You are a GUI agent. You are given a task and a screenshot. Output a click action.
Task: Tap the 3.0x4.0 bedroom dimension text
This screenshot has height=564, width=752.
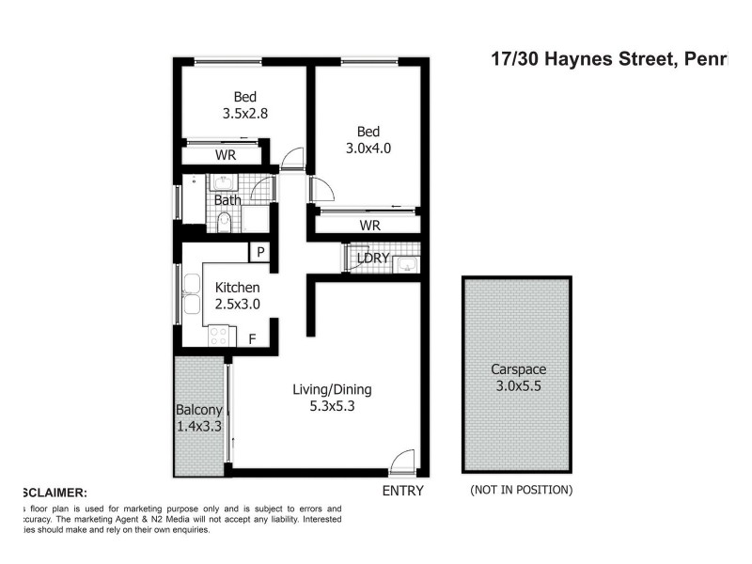(x=368, y=148)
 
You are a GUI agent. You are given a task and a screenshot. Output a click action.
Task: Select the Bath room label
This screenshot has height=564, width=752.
(x=227, y=200)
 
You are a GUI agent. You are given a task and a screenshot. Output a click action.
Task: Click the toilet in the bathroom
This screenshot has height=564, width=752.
(x=224, y=224)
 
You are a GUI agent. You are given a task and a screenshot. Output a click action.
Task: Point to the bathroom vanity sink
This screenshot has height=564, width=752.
(x=224, y=181)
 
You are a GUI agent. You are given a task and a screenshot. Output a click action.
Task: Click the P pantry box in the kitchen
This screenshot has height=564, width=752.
(x=259, y=252)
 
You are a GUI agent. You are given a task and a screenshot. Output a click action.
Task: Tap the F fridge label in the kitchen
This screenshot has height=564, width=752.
(x=251, y=338)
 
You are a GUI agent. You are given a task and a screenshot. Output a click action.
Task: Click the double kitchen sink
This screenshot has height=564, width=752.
(x=192, y=292)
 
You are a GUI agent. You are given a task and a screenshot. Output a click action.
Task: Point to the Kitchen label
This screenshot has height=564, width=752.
(x=237, y=288)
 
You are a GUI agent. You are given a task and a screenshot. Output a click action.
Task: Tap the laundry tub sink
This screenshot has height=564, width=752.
(x=404, y=261)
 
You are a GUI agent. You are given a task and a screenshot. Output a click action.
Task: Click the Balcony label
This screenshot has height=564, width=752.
(x=199, y=410)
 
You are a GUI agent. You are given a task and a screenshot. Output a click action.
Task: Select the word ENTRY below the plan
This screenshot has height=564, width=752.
(x=402, y=491)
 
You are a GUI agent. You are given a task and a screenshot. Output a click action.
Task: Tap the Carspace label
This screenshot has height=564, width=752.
(x=517, y=369)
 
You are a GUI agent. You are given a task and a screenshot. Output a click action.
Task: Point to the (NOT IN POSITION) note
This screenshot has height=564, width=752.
(x=520, y=490)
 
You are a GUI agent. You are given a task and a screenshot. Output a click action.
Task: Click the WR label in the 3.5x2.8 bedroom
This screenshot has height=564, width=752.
(x=225, y=155)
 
